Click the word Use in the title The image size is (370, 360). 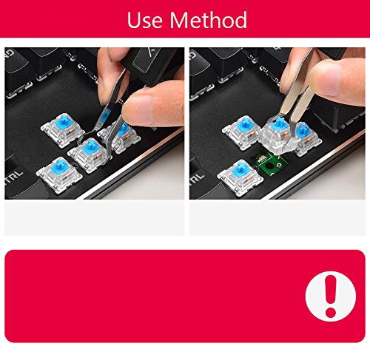tap(145, 20)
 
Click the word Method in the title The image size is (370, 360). tap(209, 20)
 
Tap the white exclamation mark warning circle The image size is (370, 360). tap(326, 285)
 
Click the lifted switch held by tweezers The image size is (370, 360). tap(280, 134)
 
